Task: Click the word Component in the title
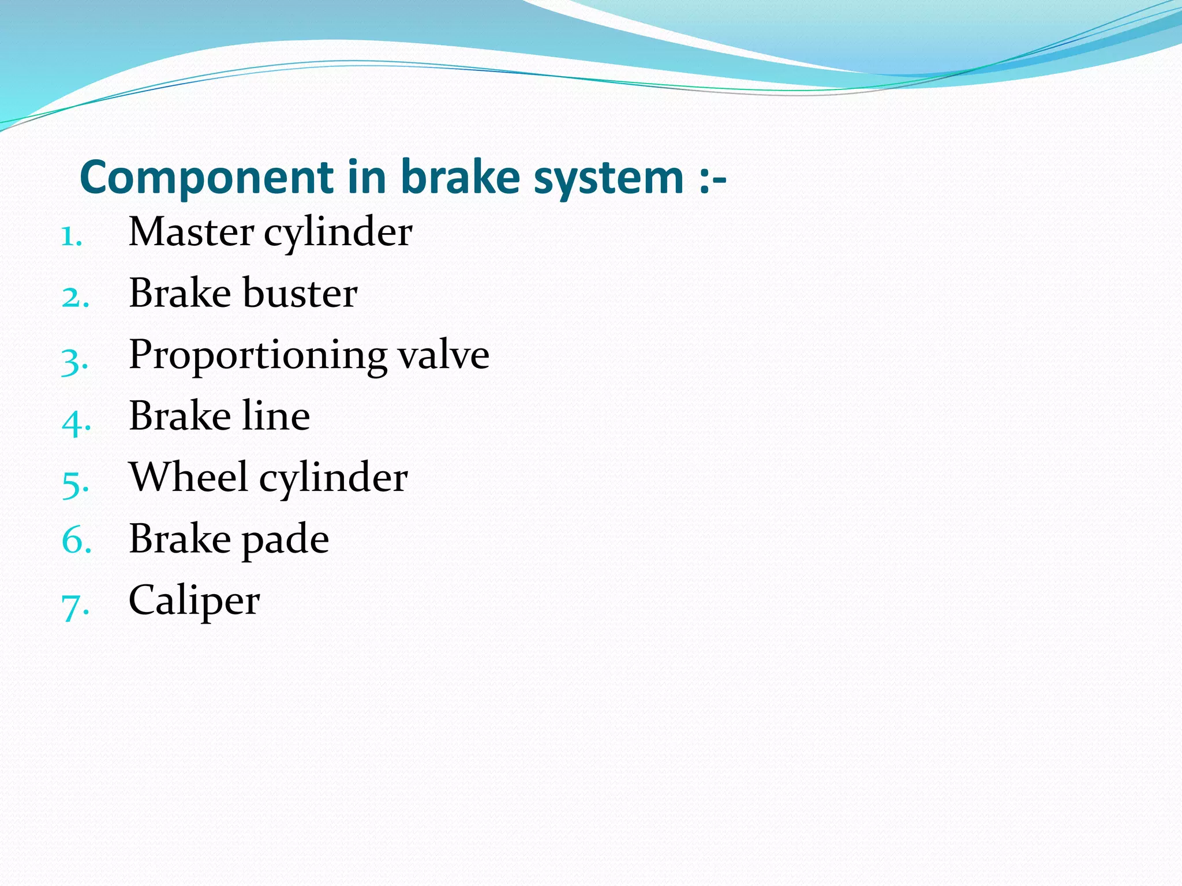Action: (207, 178)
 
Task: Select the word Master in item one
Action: (191, 232)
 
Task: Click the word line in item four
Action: (276, 416)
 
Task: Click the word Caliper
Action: (194, 602)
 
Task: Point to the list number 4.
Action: (76, 423)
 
